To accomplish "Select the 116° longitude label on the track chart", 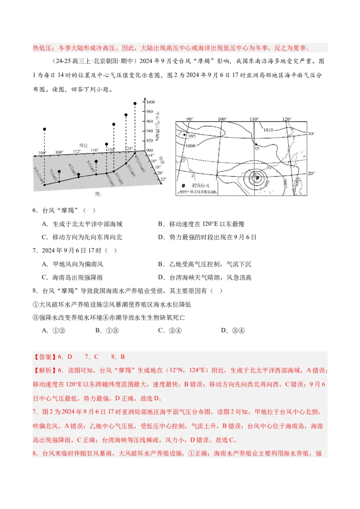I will [x=94, y=150].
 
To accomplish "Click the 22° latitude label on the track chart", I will [x=163, y=179].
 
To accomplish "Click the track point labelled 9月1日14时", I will [x=135, y=153].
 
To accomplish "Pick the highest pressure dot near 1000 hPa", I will [x=135, y=103].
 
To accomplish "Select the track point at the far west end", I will [x=44, y=185].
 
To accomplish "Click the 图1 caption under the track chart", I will [x=98, y=194].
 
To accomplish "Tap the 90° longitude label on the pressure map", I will [x=189, y=119].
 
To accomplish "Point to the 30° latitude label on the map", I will [x=311, y=134].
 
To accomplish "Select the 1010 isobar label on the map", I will [x=268, y=130].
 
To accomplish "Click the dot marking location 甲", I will [x=256, y=145].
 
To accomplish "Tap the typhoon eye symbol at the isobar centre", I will [x=257, y=178].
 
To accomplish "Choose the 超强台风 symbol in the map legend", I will [x=184, y=186].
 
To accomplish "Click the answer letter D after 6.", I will [x=70, y=357].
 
